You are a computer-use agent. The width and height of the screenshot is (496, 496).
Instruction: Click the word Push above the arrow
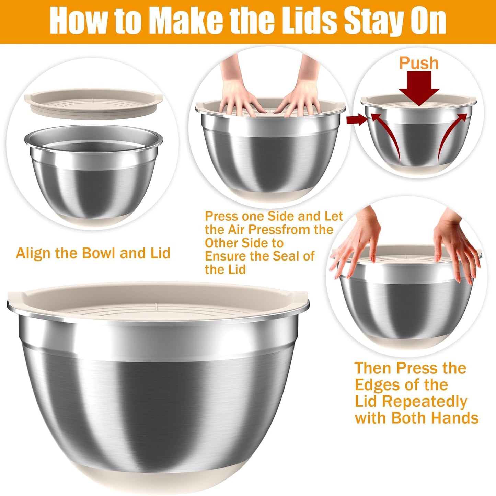click(x=419, y=64)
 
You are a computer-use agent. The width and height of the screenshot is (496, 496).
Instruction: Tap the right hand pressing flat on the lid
click(x=302, y=96)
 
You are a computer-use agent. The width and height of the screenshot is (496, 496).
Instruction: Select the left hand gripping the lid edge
click(x=357, y=247)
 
